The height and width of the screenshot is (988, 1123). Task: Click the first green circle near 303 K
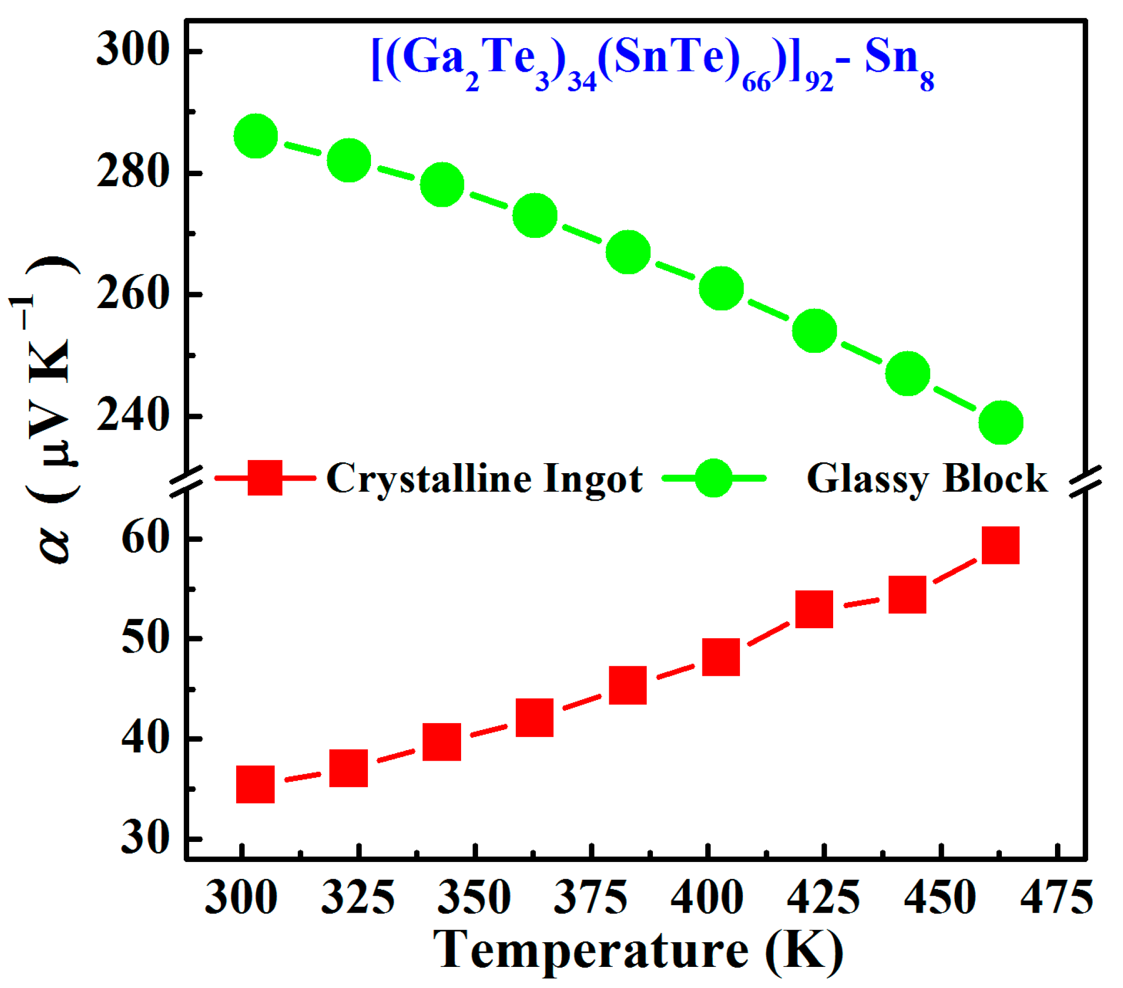click(x=256, y=136)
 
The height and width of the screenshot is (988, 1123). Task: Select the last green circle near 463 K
click(x=1001, y=422)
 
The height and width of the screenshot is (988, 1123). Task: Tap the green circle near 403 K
click(x=721, y=288)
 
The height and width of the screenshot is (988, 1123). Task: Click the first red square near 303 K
click(x=256, y=784)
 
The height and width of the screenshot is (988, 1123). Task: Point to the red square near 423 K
click(x=814, y=610)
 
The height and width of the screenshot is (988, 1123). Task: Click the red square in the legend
click(x=265, y=478)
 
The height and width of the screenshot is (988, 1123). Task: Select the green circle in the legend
click(x=714, y=478)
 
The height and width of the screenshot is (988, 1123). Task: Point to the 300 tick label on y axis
click(x=132, y=51)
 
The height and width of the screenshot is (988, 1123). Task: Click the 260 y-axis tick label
click(x=132, y=295)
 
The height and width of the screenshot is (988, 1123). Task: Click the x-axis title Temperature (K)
click(x=637, y=950)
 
